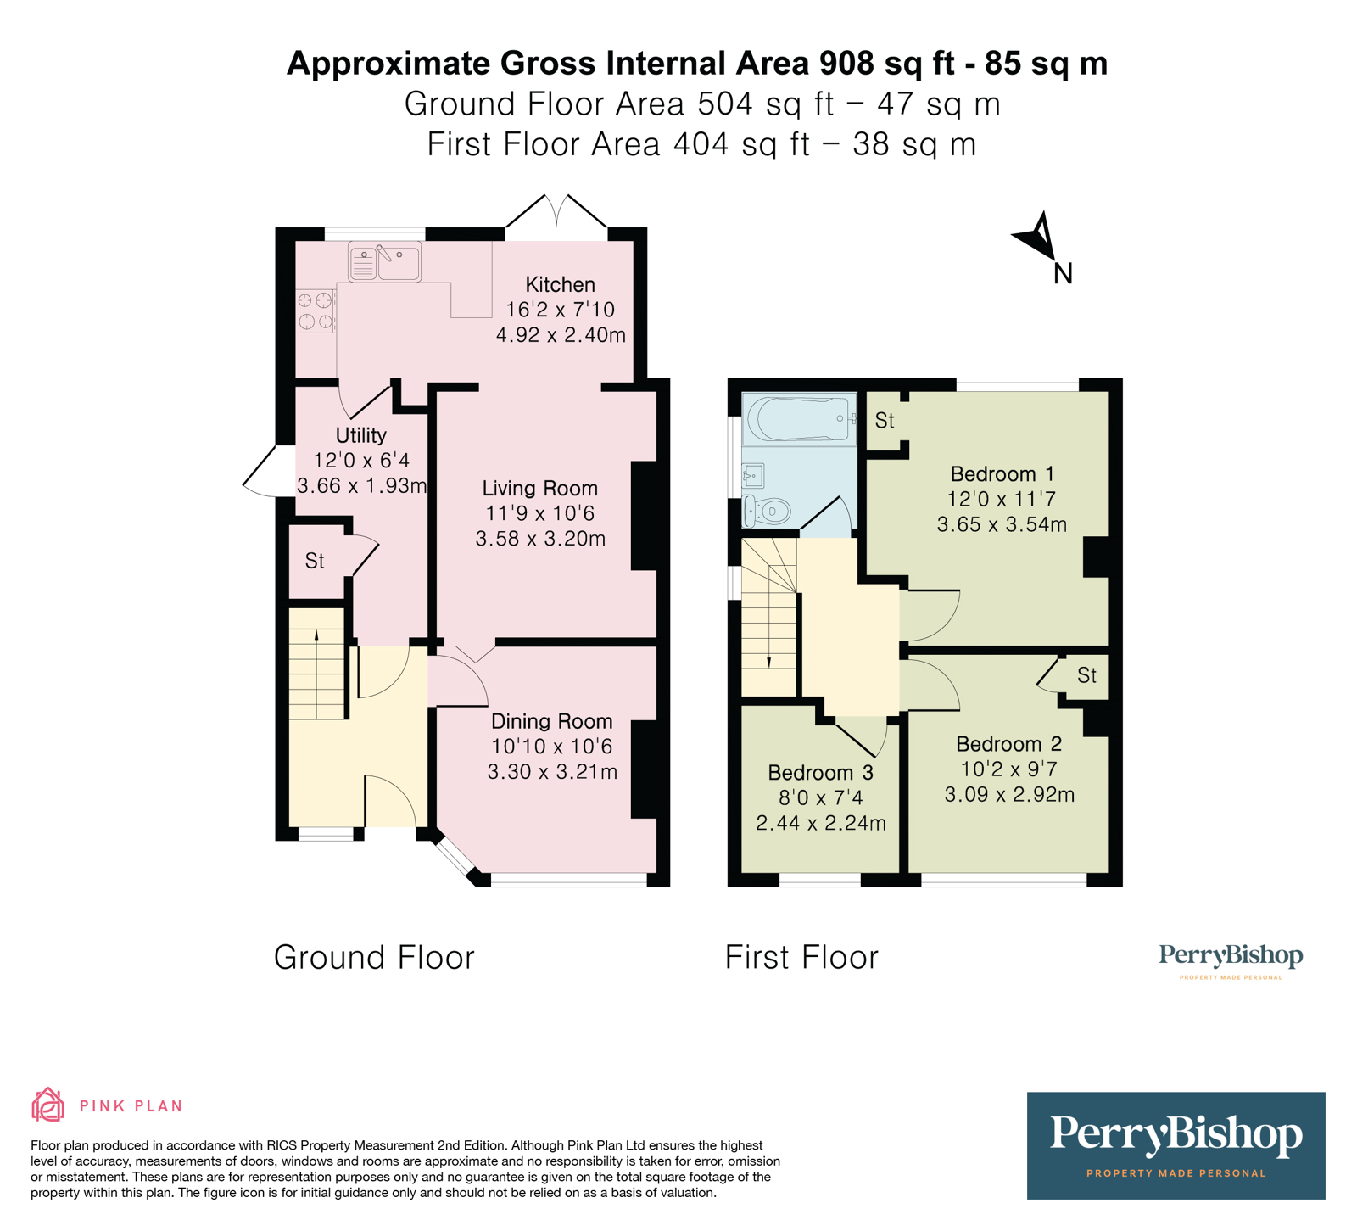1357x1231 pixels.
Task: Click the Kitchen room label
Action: [x=560, y=284]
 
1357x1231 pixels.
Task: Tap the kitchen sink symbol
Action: [x=385, y=262]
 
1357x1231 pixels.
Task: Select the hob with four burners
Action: [x=316, y=311]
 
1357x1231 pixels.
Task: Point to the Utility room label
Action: [x=360, y=435]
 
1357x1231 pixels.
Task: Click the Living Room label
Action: [x=540, y=488]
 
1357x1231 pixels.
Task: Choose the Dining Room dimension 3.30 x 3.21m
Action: [x=552, y=772]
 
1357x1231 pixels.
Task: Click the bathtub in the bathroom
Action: [x=799, y=419]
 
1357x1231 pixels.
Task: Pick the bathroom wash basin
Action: [x=753, y=476]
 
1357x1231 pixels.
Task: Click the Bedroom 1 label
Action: [x=1002, y=473]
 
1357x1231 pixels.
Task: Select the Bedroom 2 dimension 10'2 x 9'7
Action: [x=1009, y=769]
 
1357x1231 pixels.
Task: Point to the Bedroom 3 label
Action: [x=820, y=772]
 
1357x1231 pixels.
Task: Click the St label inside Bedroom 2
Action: [x=1087, y=675]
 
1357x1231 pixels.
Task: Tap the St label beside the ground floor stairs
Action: [x=315, y=561]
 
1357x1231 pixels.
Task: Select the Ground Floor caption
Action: [x=374, y=957]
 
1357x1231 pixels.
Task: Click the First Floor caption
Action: [x=801, y=957]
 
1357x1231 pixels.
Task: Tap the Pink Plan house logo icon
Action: [x=48, y=1105]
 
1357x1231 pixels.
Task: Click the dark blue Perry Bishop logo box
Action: [x=1176, y=1145]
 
